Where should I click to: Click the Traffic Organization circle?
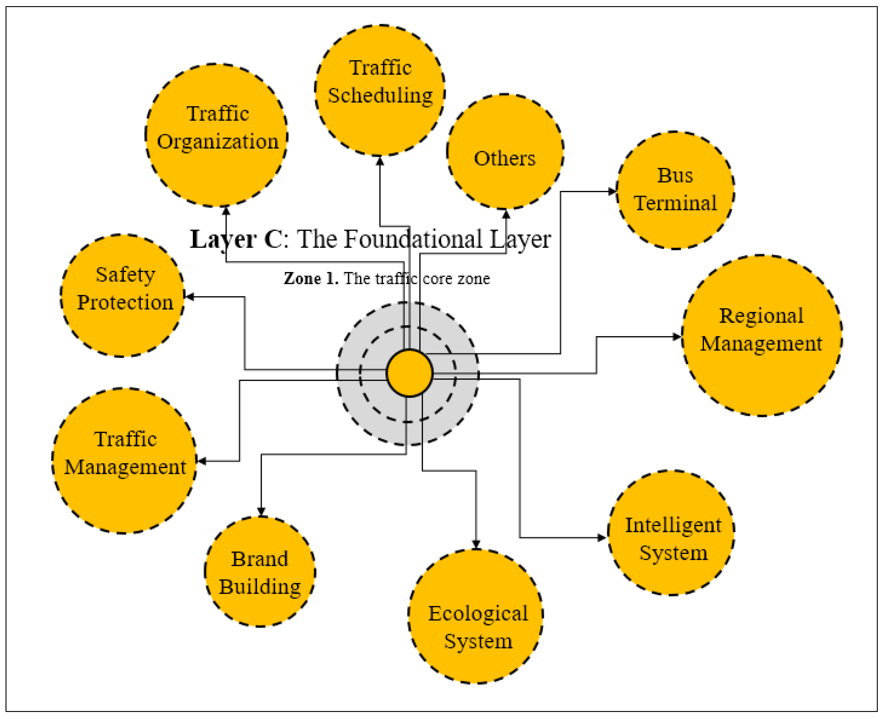pos(216,135)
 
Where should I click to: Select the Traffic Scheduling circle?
pos(380,90)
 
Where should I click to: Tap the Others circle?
pos(505,152)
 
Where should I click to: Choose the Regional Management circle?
pos(762,336)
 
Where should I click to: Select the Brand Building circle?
pos(260,572)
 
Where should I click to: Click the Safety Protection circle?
pos(123,295)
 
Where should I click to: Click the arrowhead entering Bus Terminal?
pos(612,191)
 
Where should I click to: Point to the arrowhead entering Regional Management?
pos(677,337)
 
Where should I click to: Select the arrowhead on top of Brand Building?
pos(261,512)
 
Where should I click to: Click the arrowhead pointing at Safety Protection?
pos(190,297)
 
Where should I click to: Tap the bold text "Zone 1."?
pos(311,278)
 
